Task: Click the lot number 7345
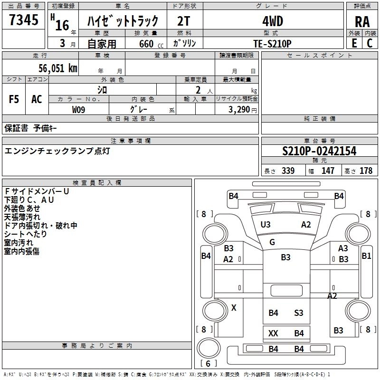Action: pyautogui.click(x=24, y=20)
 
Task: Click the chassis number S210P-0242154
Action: pyautogui.click(x=319, y=152)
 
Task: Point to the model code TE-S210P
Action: pyautogui.click(x=272, y=43)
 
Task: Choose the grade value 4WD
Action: pyautogui.click(x=272, y=21)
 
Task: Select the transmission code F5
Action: pyautogui.click(x=14, y=99)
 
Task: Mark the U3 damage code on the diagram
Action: pyautogui.click(x=266, y=225)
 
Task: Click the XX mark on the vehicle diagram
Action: pyautogui.click(x=273, y=333)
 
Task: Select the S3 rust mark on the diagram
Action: pyautogui.click(x=298, y=313)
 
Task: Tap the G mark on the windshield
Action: pyautogui.click(x=272, y=242)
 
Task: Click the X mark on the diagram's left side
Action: pyautogui.click(x=234, y=308)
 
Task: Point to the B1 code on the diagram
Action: pyautogui.click(x=366, y=256)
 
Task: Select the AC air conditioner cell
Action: pyautogui.click(x=37, y=99)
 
